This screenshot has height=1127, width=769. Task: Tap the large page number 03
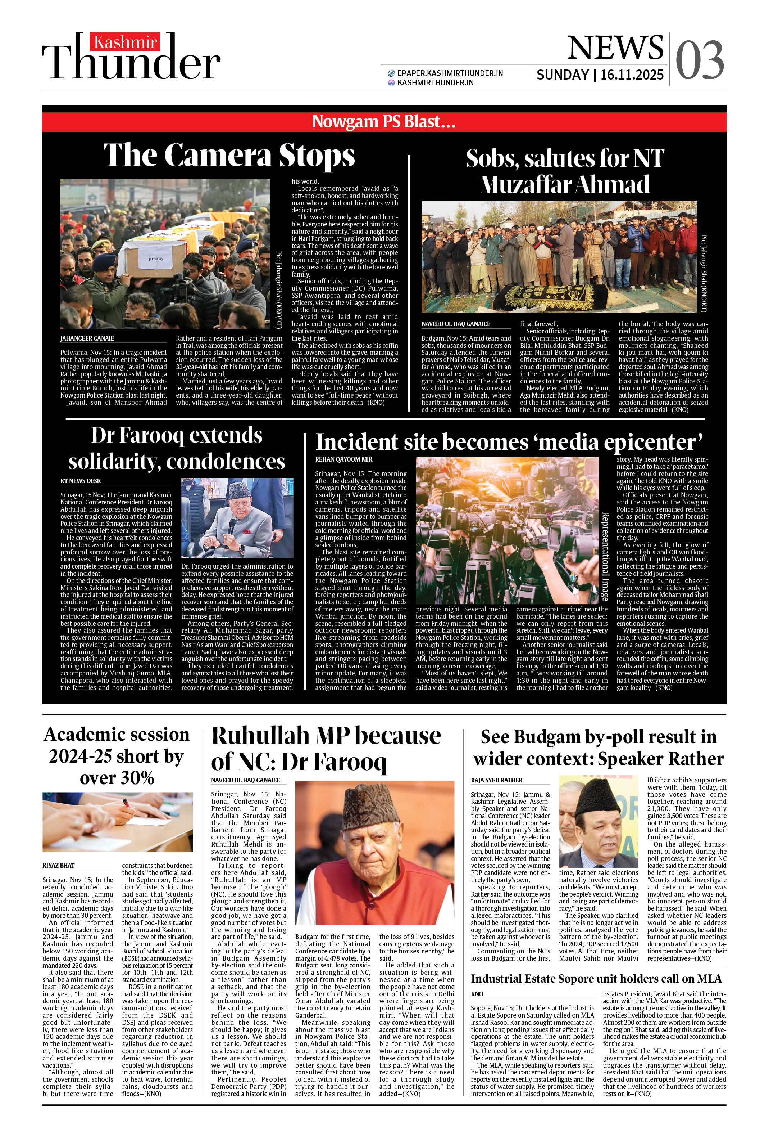pyautogui.click(x=699, y=60)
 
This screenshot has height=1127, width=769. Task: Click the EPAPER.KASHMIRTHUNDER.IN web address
pyautogui.click(x=450, y=73)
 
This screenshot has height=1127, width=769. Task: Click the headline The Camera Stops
pyautogui.click(x=229, y=155)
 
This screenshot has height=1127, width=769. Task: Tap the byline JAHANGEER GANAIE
pyautogui.click(x=87, y=338)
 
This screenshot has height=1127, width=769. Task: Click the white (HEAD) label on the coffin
pyautogui.click(x=155, y=259)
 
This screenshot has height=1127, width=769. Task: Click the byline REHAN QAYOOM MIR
pyautogui.click(x=343, y=459)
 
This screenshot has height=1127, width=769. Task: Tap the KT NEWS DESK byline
pyautogui.click(x=81, y=481)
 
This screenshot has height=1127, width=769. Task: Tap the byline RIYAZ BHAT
pyautogui.click(x=58, y=865)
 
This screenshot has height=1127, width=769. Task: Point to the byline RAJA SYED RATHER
pyautogui.click(x=496, y=780)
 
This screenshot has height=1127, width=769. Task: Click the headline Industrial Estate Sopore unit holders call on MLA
pyautogui.click(x=596, y=979)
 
